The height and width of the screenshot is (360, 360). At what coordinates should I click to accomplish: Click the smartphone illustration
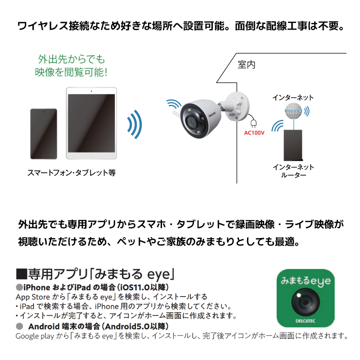[43, 134]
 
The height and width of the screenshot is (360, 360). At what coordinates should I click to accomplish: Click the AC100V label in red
[254, 133]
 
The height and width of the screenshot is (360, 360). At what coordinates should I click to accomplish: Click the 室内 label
[247, 65]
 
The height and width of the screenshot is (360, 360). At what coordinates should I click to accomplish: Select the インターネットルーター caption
[293, 171]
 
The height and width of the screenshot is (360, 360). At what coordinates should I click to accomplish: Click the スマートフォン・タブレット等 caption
[72, 172]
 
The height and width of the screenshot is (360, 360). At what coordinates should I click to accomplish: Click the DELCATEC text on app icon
[306, 321]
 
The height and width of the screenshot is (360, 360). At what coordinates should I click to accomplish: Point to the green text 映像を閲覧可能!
[71, 71]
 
